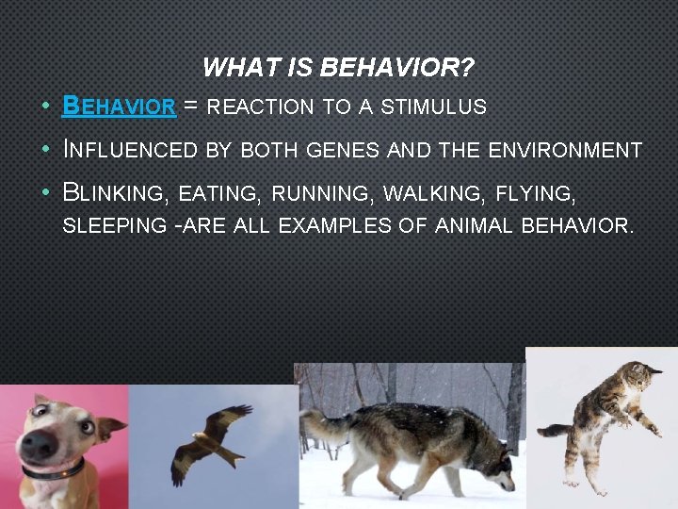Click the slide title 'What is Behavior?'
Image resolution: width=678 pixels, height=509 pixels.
338,68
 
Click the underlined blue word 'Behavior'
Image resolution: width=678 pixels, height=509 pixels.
119,106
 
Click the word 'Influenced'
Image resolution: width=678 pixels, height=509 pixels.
128,150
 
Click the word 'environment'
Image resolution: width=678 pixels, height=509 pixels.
565,150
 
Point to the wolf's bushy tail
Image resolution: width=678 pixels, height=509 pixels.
325,429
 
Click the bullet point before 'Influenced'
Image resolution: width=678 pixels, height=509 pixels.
45,151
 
